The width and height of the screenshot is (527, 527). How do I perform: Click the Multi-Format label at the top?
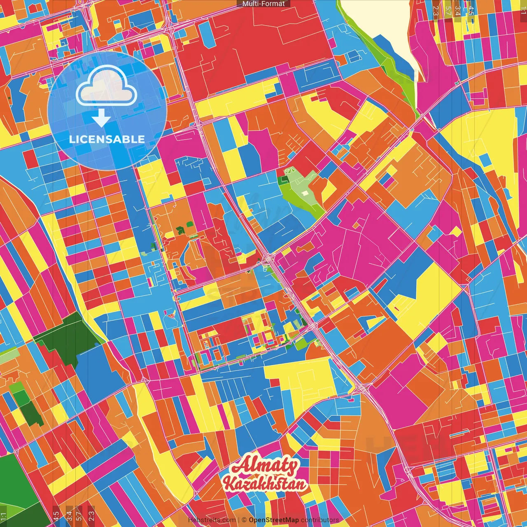pyautogui.click(x=263, y=4)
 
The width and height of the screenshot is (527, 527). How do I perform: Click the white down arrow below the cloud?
pyautogui.click(x=101, y=119)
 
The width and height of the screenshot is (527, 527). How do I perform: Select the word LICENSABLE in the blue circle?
pyautogui.click(x=107, y=139)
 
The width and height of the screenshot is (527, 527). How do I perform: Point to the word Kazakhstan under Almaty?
pyautogui.click(x=265, y=484)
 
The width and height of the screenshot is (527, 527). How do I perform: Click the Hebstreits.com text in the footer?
pyautogui.click(x=212, y=520)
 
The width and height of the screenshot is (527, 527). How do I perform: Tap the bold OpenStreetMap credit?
pyautogui.click(x=274, y=520)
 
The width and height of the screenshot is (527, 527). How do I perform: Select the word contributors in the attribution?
pyautogui.click(x=320, y=520)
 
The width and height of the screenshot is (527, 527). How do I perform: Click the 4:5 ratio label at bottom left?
pyautogui.click(x=56, y=515)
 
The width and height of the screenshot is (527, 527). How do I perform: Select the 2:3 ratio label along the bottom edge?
pyautogui.click(x=91, y=515)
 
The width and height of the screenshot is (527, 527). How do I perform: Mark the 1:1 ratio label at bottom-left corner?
pyautogui.click(x=4, y=516)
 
